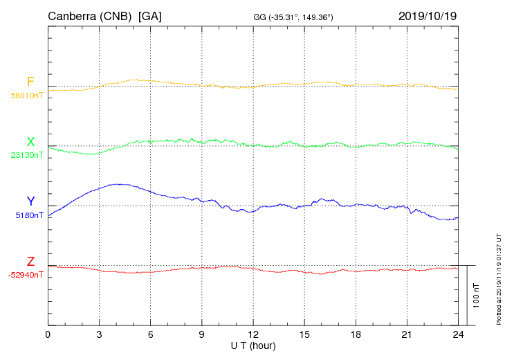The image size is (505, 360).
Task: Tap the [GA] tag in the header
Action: tap(149, 16)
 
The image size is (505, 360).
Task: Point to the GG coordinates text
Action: tap(293, 17)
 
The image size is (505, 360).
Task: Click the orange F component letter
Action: tap(30, 82)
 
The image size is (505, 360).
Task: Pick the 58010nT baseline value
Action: tap(27, 96)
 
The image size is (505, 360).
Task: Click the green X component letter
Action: tap(30, 142)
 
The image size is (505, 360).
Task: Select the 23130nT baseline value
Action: tap(27, 155)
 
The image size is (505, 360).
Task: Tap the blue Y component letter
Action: tap(30, 201)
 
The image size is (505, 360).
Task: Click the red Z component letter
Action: tap(30, 262)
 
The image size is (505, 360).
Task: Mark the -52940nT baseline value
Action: tap(26, 275)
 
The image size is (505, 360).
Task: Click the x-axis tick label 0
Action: tap(48, 335)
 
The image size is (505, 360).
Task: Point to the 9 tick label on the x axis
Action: tap(202, 335)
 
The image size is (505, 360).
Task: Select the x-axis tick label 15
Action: tap(304, 335)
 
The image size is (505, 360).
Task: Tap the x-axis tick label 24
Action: tap(458, 335)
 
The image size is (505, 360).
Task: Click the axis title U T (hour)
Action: tap(253, 345)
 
